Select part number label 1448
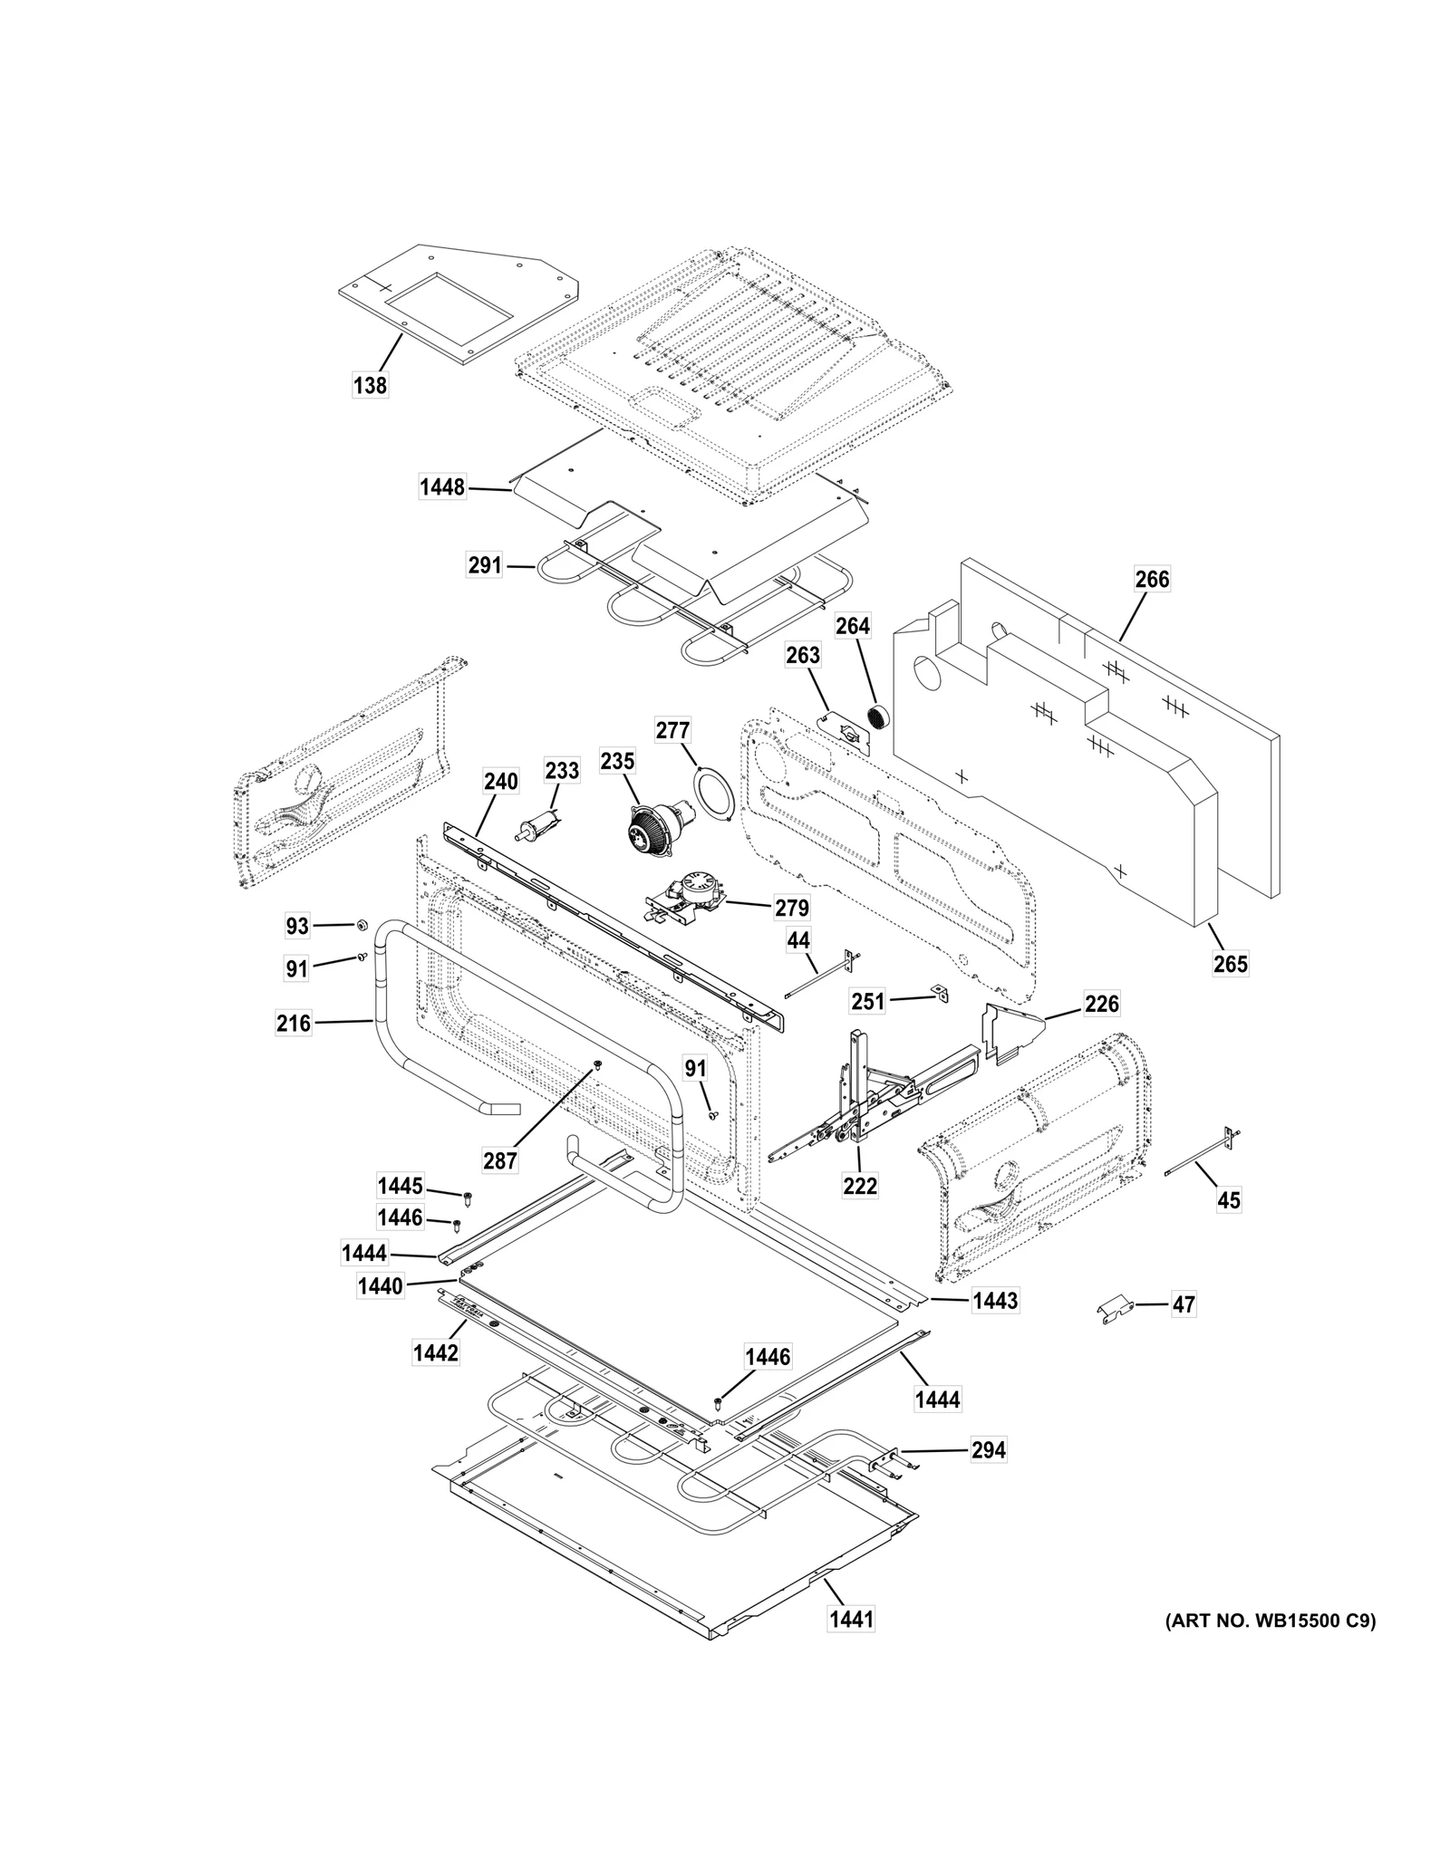click(x=442, y=488)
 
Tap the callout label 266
click(x=1152, y=579)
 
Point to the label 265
click(x=1231, y=964)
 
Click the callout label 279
click(x=791, y=908)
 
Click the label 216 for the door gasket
click(x=294, y=1024)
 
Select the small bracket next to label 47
click(x=1114, y=1309)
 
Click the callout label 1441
click(x=851, y=1619)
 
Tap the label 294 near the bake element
click(x=988, y=1450)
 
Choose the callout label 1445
click(x=400, y=1186)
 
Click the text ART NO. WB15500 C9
click(x=1270, y=1621)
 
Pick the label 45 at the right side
click(x=1228, y=1201)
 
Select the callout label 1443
click(x=995, y=1302)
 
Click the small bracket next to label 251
click(x=941, y=993)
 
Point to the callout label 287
click(x=499, y=1160)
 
